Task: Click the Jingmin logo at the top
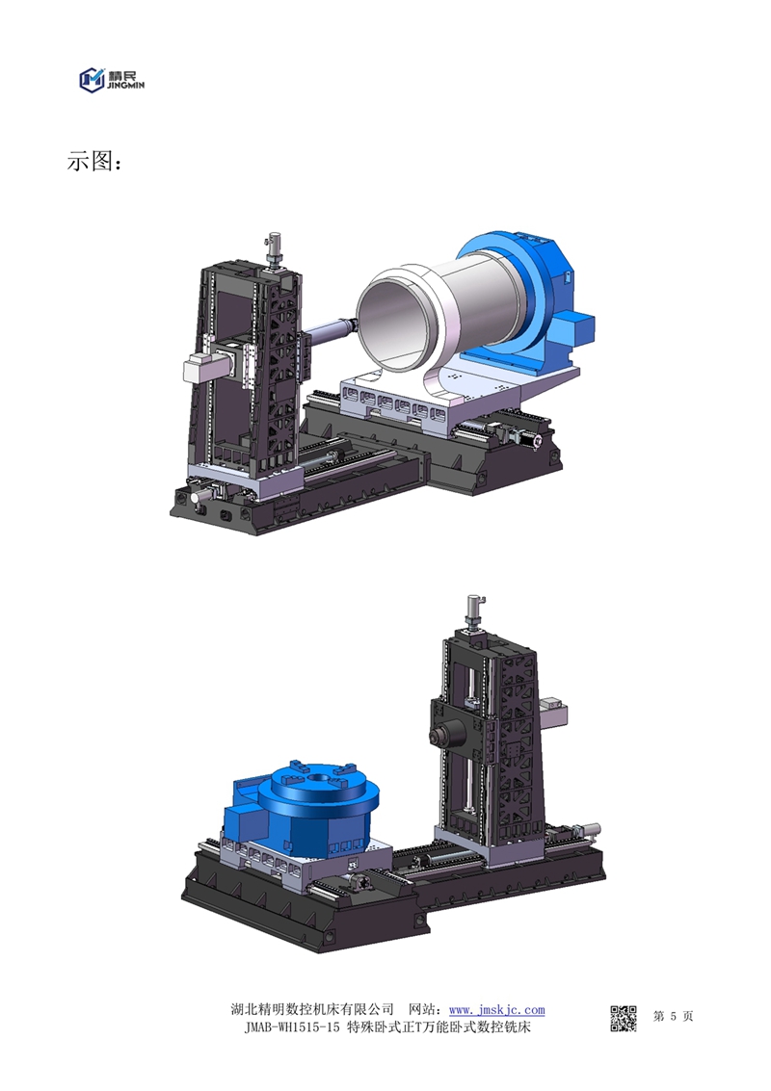coord(112,79)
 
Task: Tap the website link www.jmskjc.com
coord(496,1009)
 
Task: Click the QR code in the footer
coord(624,1018)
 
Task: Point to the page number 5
coord(673,1017)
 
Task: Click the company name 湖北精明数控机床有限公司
coord(312,1009)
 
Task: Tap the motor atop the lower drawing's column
coord(476,612)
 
